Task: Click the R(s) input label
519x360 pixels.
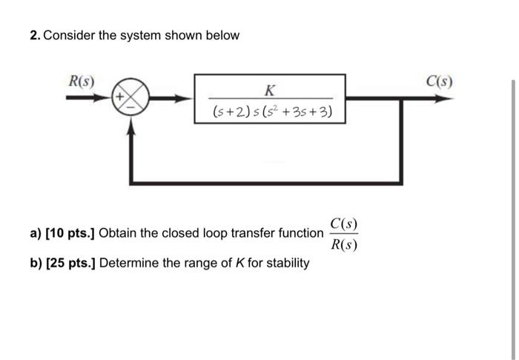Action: pyautogui.click(x=80, y=79)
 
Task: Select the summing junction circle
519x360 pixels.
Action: pyautogui.click(x=131, y=98)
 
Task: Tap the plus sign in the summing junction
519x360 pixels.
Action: pyautogui.click(x=119, y=96)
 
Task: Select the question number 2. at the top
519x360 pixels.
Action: pyautogui.click(x=36, y=36)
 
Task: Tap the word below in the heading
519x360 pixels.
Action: pyautogui.click(x=223, y=36)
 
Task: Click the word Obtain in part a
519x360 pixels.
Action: pyautogui.click(x=117, y=234)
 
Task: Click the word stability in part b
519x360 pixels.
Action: pyautogui.click(x=285, y=263)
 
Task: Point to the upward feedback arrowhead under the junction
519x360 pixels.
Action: pyautogui.click(x=131, y=127)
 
